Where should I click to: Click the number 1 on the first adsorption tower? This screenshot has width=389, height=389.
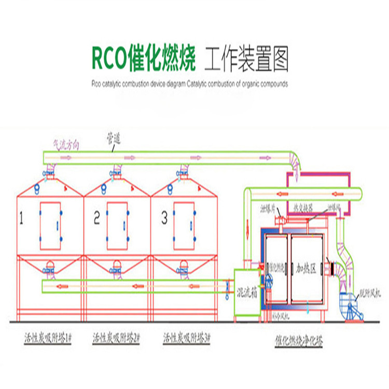click(x=22, y=219)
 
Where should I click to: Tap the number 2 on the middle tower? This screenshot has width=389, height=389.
click(x=96, y=219)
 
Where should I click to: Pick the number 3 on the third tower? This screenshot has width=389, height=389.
click(x=164, y=219)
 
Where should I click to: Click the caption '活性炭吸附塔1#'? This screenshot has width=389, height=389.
click(x=48, y=338)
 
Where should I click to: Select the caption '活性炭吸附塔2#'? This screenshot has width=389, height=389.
click(x=116, y=338)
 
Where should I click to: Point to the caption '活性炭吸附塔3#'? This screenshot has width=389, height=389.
click(x=186, y=338)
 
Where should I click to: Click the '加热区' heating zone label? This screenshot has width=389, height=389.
click(x=305, y=268)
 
